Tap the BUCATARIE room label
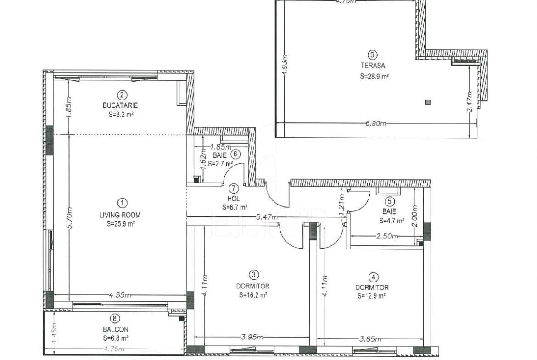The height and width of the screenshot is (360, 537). pyautogui.click(x=120, y=105)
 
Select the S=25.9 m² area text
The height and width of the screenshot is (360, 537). pyautogui.click(x=120, y=224)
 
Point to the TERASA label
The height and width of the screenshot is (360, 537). pyautogui.click(x=373, y=66)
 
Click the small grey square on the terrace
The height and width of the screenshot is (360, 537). pyautogui.click(x=428, y=102)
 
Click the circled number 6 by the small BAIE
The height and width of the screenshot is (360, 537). pyautogui.click(x=235, y=154)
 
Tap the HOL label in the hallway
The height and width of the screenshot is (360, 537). pyautogui.click(x=233, y=199)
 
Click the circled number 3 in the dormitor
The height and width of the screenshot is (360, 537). pyautogui.click(x=253, y=275)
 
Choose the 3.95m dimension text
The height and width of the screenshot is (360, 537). pyautogui.click(x=252, y=338)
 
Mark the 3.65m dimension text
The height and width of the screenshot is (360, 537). pyautogui.click(x=370, y=339)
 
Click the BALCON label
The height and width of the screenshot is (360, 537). pyautogui.click(x=115, y=329)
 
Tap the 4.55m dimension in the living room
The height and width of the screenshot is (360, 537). pyautogui.click(x=120, y=295)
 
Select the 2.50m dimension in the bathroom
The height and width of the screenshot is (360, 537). pyautogui.click(x=387, y=237)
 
